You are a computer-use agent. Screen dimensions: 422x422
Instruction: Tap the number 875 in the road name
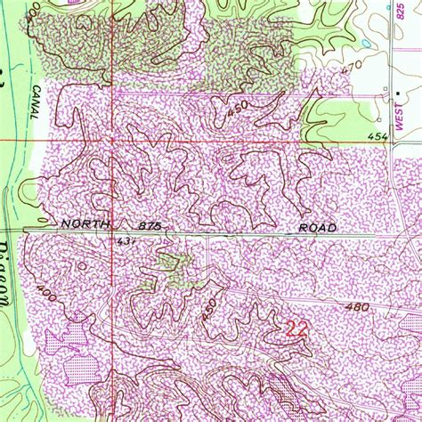pyautogui.click(x=150, y=227)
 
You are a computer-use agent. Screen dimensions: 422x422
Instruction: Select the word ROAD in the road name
pyautogui.click(x=317, y=228)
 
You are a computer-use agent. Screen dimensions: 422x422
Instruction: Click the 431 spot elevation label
pyautogui.click(x=125, y=241)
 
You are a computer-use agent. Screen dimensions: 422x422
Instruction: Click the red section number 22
pyautogui.click(x=296, y=329)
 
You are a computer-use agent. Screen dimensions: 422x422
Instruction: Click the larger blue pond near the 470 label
pyautogui.click(x=367, y=42)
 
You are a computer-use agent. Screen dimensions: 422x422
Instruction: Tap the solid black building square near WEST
pyautogui.click(x=397, y=92)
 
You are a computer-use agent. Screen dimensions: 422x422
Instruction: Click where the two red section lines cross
pyautogui.click(x=113, y=140)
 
